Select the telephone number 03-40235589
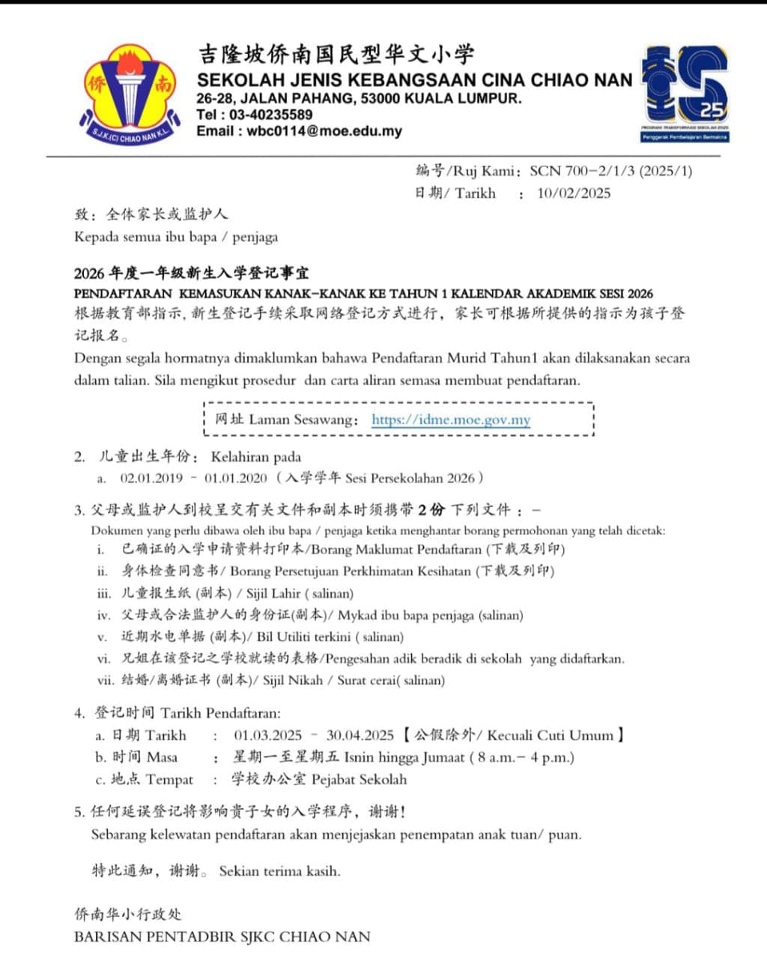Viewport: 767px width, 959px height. tap(270, 115)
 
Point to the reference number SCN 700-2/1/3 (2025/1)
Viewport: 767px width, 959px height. tap(610, 171)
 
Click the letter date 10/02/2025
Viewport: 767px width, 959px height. tap(574, 193)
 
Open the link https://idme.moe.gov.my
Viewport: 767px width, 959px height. tap(451, 420)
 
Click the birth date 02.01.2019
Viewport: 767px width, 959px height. tap(151, 478)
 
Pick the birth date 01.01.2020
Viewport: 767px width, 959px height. tap(236, 478)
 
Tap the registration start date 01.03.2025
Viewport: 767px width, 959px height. tap(267, 735)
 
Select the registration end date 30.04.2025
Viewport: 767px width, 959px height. tap(360, 735)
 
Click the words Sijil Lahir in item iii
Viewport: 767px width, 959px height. tap(273, 593)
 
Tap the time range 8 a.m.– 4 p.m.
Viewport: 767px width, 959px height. tap(522, 757)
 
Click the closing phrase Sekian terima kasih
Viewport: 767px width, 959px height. tap(279, 871)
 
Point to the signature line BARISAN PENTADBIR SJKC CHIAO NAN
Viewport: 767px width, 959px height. tap(222, 936)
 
